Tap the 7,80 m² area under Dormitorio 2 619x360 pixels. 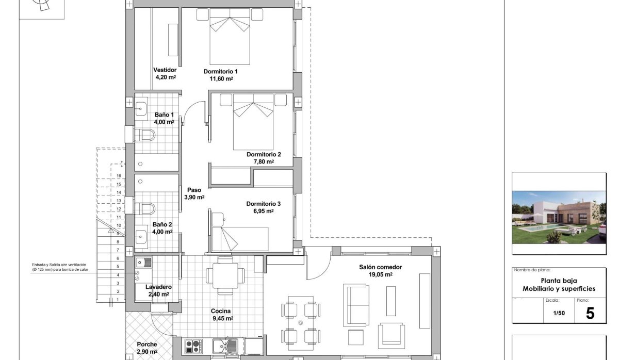coord(263,161)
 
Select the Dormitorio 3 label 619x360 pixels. coord(263,203)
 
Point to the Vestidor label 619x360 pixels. coord(165,70)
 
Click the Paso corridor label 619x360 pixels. coord(194,190)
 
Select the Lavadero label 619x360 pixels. coord(158,287)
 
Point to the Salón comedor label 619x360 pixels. coord(381,267)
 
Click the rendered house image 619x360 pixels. coord(559,217)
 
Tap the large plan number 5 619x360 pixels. coord(590,313)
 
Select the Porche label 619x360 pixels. coord(147,345)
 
